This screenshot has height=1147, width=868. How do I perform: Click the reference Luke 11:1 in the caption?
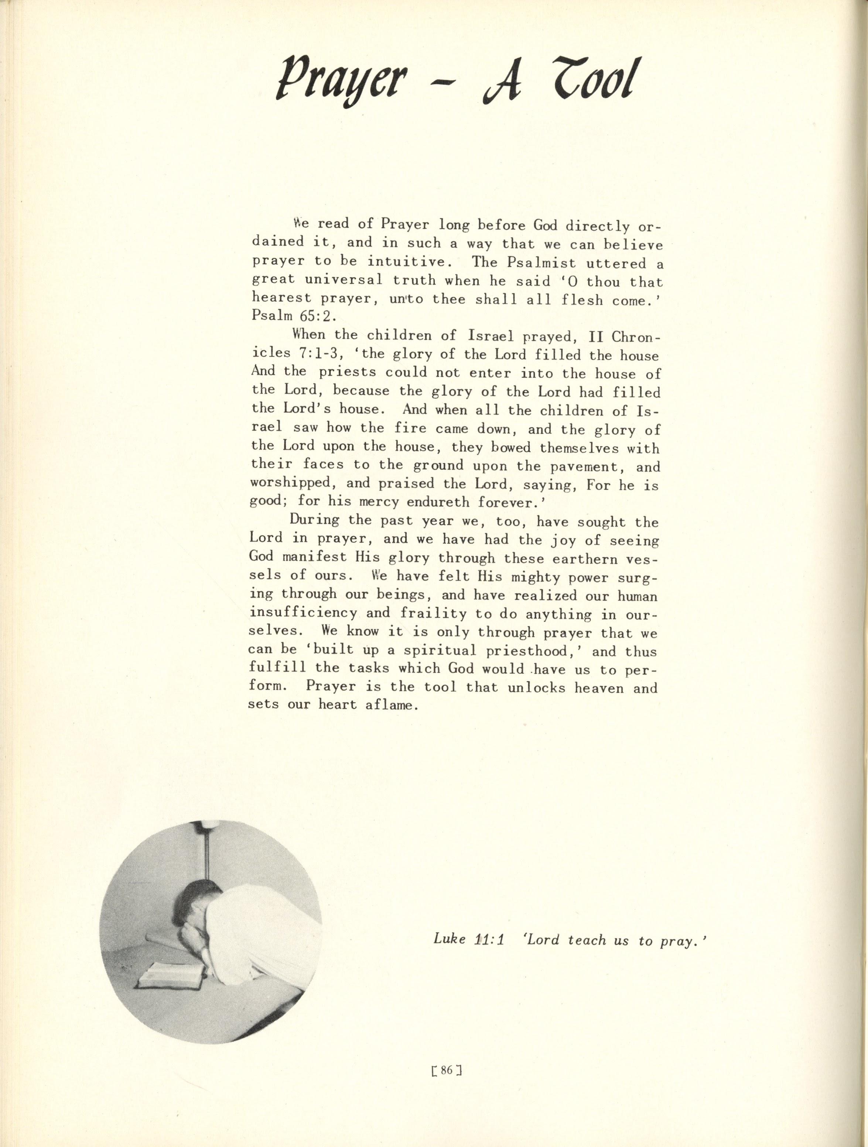(x=469, y=939)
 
